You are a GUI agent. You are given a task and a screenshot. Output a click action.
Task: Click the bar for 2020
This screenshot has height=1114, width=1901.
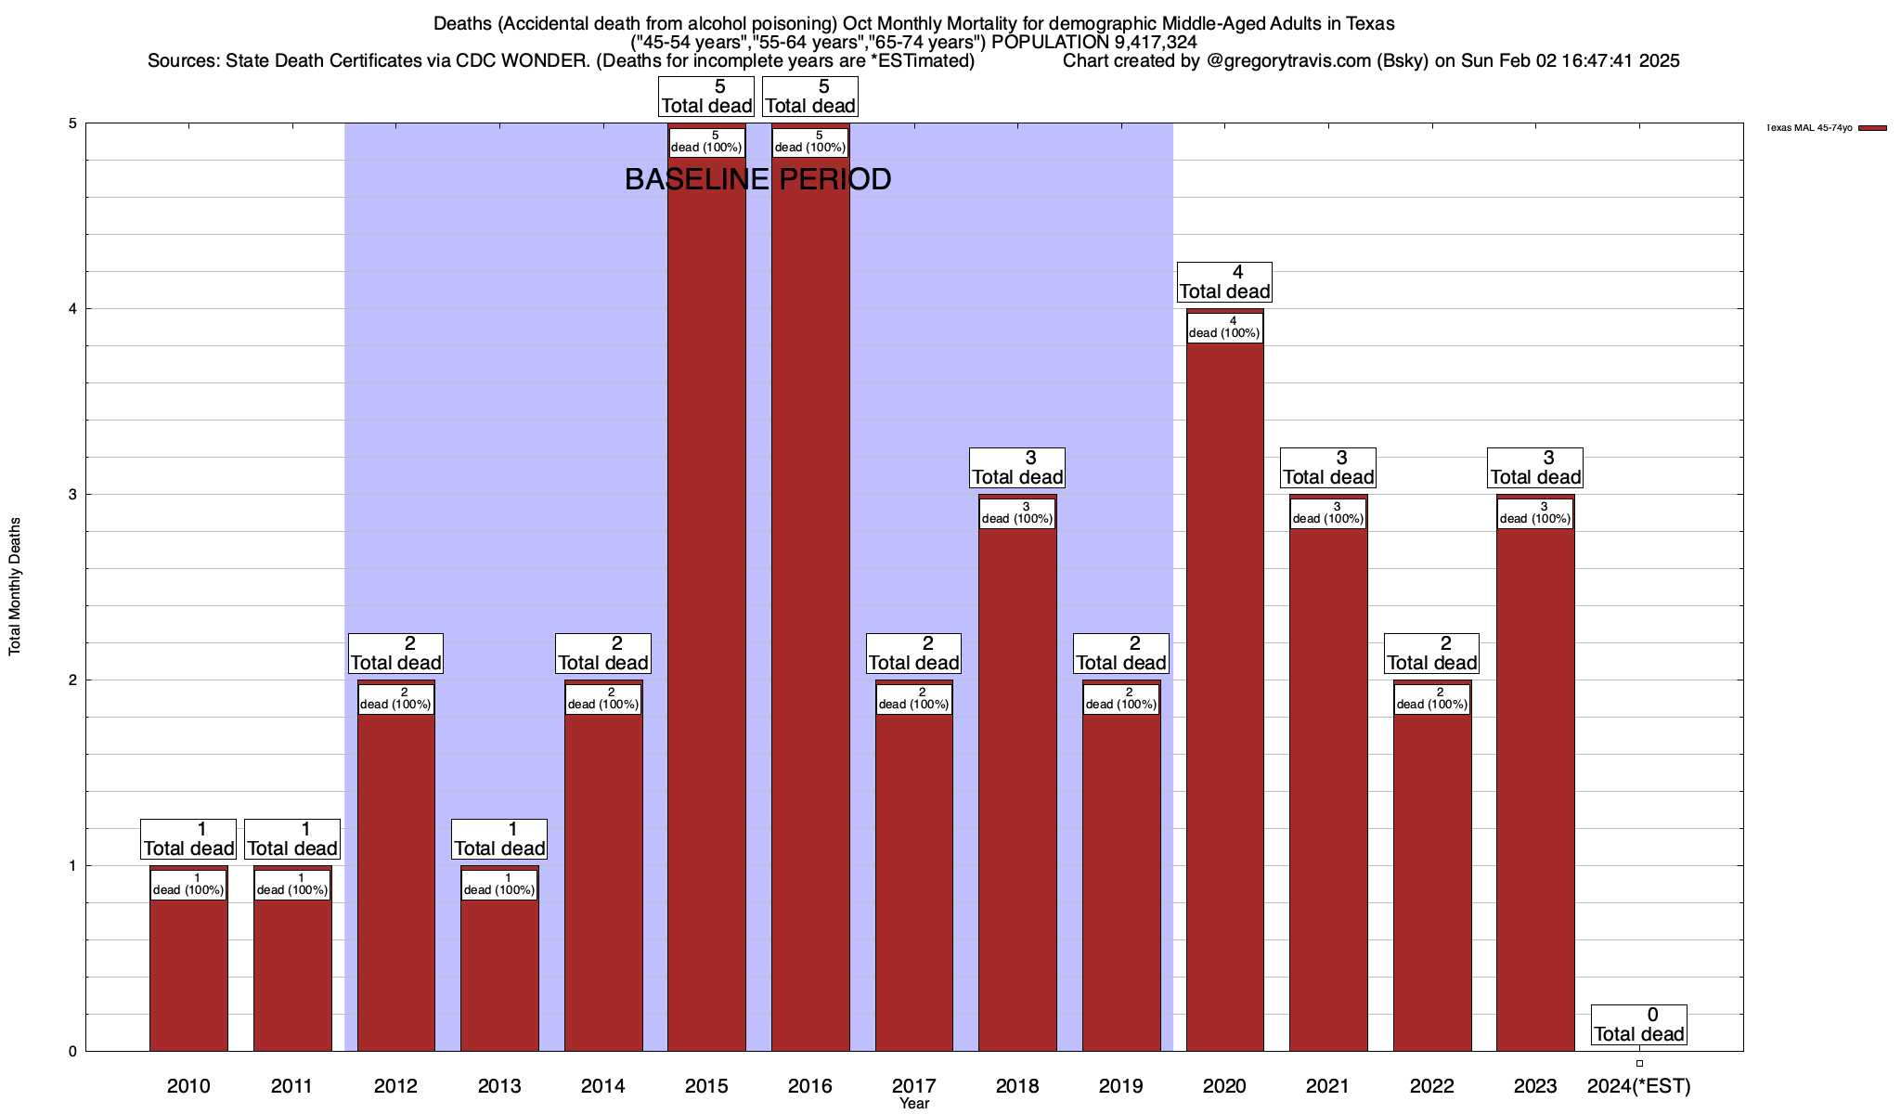click(x=1224, y=696)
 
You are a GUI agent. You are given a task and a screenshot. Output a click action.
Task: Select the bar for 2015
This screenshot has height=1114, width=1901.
click(x=706, y=603)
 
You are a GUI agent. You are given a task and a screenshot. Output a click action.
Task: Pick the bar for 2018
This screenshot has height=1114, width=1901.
click(x=1017, y=789)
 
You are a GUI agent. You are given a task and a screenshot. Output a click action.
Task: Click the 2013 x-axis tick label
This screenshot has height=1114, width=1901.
click(x=499, y=1085)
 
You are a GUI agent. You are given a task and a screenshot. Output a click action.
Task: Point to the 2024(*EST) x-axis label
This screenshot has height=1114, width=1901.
click(x=1639, y=1085)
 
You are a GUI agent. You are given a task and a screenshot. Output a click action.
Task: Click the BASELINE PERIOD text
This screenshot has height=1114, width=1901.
click(x=757, y=179)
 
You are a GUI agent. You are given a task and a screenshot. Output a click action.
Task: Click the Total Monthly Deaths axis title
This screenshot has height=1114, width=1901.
click(x=15, y=587)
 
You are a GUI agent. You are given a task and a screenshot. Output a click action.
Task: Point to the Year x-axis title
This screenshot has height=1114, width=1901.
click(x=914, y=1104)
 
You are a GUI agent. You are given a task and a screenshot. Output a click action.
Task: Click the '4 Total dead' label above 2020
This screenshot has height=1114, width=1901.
click(x=1224, y=282)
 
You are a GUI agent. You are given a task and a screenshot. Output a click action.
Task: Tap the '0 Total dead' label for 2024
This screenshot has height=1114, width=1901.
click(x=1639, y=1025)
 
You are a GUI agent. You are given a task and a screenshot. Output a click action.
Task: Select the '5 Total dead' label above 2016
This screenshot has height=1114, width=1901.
click(x=810, y=97)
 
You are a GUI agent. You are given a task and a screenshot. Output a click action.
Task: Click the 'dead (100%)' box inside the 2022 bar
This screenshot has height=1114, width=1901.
click(x=1432, y=699)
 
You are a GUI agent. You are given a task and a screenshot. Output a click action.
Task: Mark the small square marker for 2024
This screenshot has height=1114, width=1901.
click(x=1639, y=1063)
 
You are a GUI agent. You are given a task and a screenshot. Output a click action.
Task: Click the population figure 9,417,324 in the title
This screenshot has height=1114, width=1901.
click(x=1155, y=42)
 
